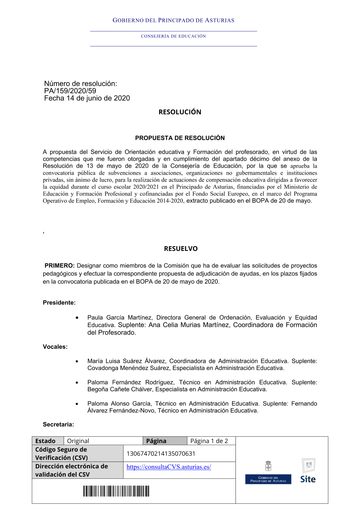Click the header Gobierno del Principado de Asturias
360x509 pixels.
point(173,21)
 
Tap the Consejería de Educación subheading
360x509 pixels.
point(173,36)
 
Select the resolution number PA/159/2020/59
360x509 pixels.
point(70,91)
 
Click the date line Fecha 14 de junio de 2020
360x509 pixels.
point(87,98)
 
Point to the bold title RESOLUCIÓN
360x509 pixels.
point(180,112)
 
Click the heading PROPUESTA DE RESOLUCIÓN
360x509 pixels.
point(180,138)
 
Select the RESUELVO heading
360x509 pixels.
point(181,249)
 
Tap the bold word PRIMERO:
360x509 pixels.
point(59,266)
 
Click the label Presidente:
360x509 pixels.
point(59,303)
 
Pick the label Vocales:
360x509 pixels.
point(55,347)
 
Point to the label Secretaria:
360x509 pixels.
point(58,425)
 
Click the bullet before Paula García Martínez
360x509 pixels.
point(77,317)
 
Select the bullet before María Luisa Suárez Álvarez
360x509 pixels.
point(77,361)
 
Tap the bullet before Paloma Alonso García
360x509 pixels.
point(77,404)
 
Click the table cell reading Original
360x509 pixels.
point(78,441)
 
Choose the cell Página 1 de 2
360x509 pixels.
point(209,441)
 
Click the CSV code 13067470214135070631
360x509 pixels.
point(161,454)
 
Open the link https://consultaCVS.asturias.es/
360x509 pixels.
point(168,467)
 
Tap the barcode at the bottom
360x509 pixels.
point(116,491)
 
